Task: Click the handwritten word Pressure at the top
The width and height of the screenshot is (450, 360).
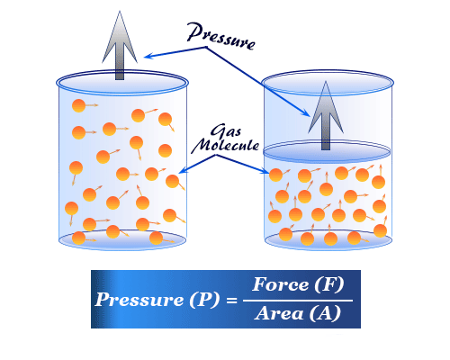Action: click(x=221, y=36)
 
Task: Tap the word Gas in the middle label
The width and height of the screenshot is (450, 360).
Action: click(x=226, y=131)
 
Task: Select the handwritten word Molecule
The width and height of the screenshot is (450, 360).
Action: click(x=225, y=145)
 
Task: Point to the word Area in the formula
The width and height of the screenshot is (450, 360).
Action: click(x=279, y=313)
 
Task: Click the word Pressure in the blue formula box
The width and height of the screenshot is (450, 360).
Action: click(x=139, y=300)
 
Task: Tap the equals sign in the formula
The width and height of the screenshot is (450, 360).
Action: click(x=231, y=300)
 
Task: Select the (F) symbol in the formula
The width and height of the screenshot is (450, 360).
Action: click(x=328, y=284)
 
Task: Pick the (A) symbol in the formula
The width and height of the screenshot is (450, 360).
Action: click(x=325, y=314)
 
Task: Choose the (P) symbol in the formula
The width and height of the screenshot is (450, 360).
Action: click(x=204, y=300)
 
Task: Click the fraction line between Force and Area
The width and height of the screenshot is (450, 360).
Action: click(x=298, y=301)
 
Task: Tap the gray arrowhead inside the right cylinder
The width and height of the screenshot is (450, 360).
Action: click(x=326, y=107)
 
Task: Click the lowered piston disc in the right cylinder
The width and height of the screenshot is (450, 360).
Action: click(x=327, y=152)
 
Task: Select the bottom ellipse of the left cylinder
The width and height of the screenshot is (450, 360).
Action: click(x=122, y=239)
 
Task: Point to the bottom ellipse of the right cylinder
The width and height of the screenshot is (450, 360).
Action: click(x=328, y=240)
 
